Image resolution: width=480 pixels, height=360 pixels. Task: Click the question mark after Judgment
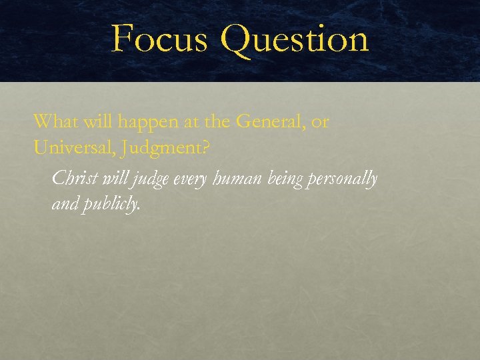[205, 148]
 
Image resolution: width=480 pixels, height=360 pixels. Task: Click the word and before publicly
[65, 205]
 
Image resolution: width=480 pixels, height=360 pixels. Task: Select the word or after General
[320, 123]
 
